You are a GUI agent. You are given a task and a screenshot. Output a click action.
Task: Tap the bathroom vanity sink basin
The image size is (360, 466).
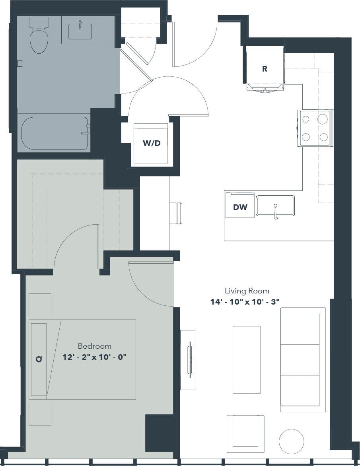[80, 31]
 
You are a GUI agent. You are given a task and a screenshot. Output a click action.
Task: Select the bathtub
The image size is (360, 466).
[55, 134]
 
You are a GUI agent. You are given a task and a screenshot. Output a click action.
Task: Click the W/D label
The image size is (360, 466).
[152, 143]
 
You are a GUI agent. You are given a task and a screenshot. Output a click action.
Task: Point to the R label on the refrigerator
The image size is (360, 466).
[265, 69]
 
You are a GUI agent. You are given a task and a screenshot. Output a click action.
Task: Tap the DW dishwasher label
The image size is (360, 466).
[240, 207]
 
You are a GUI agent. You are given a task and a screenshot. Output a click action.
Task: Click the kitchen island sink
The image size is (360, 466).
[276, 206]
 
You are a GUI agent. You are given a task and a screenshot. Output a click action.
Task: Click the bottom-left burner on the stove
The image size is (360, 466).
[306, 137]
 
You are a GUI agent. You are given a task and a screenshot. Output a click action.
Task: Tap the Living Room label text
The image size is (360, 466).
[247, 291]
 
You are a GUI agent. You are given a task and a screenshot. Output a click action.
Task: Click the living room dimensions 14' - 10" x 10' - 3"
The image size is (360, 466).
[245, 302]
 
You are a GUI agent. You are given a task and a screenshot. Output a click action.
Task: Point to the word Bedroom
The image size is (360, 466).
[95, 346]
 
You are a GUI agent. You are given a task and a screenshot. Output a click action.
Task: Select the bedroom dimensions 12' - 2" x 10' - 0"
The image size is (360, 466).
[95, 357]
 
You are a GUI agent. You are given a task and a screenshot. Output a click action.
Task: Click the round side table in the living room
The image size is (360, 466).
[291, 441]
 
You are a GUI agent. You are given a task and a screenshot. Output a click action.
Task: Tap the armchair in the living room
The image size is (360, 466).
[245, 434]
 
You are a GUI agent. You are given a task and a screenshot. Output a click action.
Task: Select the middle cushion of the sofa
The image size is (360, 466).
[300, 359]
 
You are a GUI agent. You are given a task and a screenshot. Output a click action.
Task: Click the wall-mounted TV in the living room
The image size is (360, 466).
[188, 359]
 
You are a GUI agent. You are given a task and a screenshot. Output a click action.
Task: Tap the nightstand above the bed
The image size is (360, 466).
[40, 305]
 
